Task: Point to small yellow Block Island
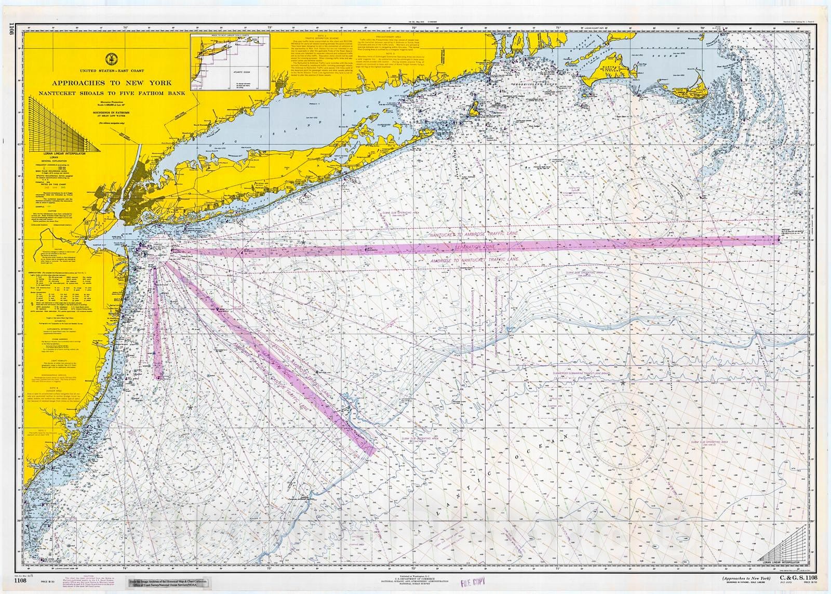click(x=474, y=110)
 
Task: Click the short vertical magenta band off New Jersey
click(x=158, y=322)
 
